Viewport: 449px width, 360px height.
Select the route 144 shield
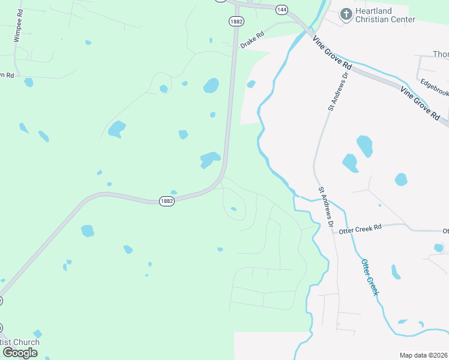click(x=282, y=9)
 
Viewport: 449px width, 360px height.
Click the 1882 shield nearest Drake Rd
click(x=235, y=21)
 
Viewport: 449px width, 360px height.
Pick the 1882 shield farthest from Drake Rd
click(x=167, y=202)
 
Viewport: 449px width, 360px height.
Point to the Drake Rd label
click(x=252, y=41)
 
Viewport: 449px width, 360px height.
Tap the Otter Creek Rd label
click(x=360, y=229)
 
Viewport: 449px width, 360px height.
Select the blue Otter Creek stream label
click(x=370, y=277)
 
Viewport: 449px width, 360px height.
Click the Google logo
click(x=20, y=352)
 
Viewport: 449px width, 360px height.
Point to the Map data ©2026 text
click(x=423, y=355)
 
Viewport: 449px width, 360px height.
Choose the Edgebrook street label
click(x=434, y=85)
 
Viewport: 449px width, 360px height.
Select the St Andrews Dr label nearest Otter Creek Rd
click(x=325, y=206)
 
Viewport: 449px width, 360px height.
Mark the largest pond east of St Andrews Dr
click(x=364, y=146)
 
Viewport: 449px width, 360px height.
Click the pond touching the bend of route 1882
click(x=209, y=159)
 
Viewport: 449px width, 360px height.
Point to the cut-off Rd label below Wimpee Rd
click(x=7, y=74)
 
